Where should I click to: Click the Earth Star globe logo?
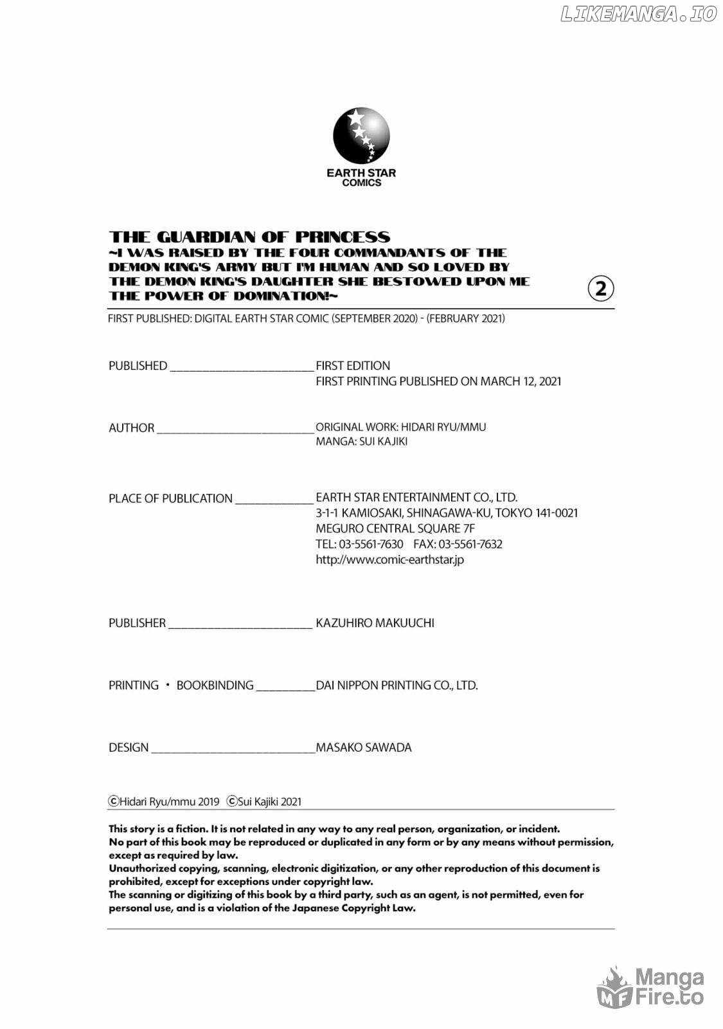[361, 136]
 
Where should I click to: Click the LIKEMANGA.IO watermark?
[638, 14]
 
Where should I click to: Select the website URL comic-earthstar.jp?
[389, 560]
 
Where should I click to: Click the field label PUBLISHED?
[138, 366]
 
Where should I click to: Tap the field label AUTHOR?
[132, 428]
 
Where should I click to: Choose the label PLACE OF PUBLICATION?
[170, 498]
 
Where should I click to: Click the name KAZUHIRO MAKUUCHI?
[375, 623]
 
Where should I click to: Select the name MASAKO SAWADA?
[363, 747]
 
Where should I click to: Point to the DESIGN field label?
[129, 747]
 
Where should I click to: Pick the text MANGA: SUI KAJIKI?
[361, 442]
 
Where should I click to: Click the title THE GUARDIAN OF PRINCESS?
[249, 237]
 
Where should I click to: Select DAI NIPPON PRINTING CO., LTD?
[397, 685]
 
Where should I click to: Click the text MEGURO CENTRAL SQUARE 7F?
[395, 529]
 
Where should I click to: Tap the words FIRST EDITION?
[353, 365]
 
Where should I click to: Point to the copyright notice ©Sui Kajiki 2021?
[264, 801]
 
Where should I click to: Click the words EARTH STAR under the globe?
[361, 172]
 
